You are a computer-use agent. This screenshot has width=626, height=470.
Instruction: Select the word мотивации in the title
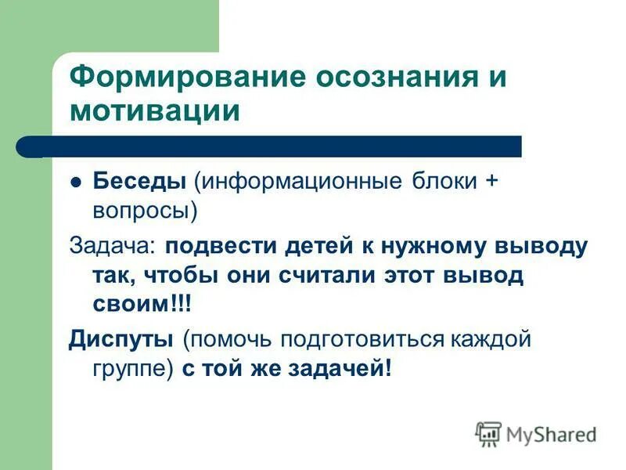tap(155, 110)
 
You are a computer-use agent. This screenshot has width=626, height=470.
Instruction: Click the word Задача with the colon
tap(113, 245)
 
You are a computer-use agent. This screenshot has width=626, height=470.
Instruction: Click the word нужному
tap(434, 245)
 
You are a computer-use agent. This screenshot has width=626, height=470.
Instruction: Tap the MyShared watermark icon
tap(488, 434)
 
